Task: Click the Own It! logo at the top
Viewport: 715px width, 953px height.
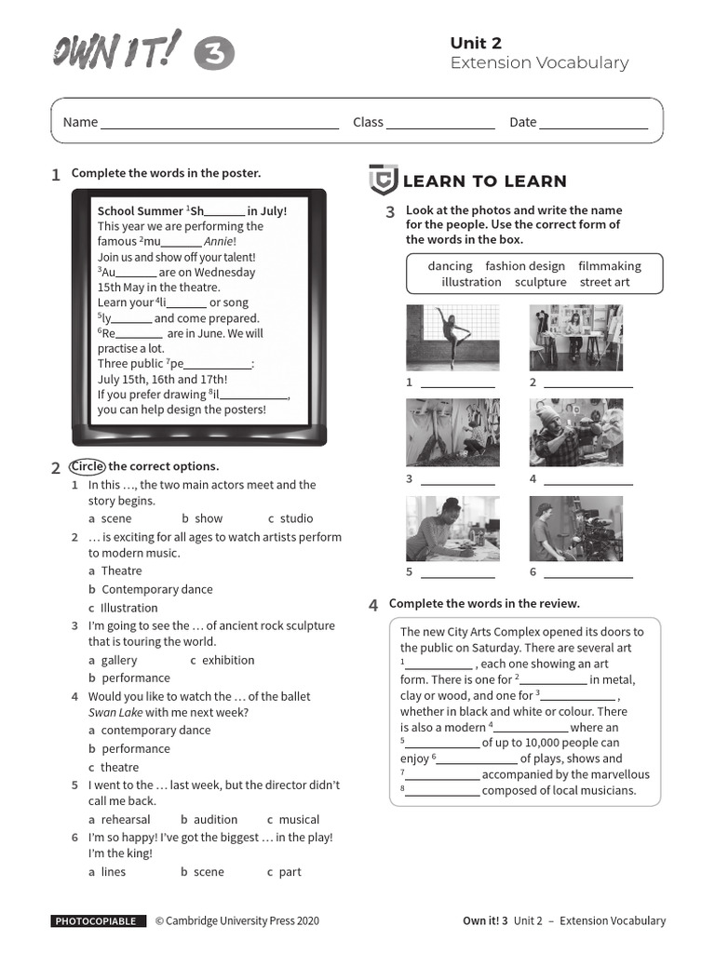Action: [116, 49]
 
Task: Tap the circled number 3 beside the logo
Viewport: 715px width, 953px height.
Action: [214, 55]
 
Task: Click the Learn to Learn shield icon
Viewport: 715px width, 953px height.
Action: [383, 180]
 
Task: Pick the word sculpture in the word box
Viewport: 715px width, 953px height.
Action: [540, 282]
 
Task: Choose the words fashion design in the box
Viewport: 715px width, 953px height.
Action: [525, 266]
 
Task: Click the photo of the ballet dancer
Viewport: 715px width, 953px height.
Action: [452, 337]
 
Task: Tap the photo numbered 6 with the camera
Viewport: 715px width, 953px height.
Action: [576, 529]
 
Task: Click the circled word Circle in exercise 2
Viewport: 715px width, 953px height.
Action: [88, 466]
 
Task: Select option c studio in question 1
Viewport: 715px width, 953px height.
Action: [290, 518]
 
